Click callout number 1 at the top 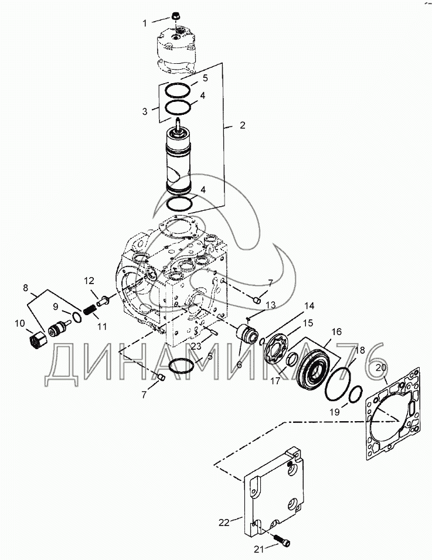[144, 23]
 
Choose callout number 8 [25, 287]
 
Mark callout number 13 [271, 305]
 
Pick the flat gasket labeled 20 [393, 413]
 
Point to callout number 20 [381, 368]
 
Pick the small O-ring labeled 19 [353, 396]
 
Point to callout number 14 [309, 305]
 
